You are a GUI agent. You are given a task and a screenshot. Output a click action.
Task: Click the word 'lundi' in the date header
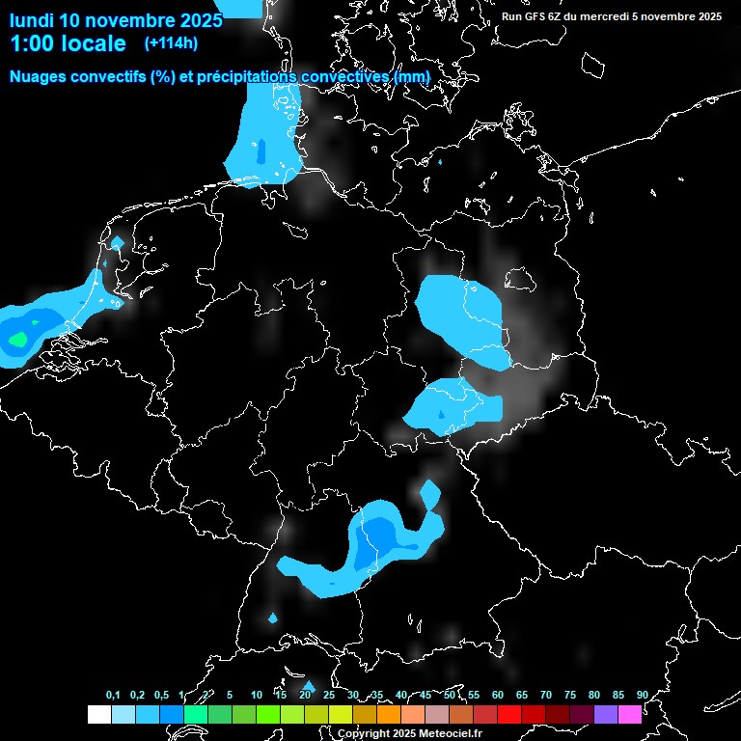point(32,19)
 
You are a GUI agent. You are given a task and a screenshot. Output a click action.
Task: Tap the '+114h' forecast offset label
point(171,42)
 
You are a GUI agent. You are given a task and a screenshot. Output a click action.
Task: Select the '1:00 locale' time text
point(68,43)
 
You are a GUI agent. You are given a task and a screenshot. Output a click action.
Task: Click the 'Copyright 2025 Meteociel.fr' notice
point(409,733)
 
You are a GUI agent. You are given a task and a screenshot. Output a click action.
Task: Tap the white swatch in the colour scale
point(98,714)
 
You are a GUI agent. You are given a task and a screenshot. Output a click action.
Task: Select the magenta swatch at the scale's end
point(630,714)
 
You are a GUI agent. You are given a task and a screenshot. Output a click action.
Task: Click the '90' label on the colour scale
point(643,695)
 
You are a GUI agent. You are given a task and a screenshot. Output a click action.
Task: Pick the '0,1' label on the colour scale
point(113,695)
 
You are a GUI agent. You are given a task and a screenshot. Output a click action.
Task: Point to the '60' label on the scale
point(498,695)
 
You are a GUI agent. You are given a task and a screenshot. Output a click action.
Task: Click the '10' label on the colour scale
point(256,695)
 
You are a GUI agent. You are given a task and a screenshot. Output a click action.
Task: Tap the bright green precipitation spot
point(17,339)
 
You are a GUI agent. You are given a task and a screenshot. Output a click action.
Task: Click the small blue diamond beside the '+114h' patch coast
point(118,242)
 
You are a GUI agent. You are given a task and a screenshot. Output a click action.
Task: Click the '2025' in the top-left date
point(199,19)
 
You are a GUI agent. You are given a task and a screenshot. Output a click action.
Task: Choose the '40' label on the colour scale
point(401,695)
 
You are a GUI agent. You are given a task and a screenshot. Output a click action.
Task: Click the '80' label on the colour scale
point(594,695)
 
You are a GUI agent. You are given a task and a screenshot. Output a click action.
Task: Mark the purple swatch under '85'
point(606,714)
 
